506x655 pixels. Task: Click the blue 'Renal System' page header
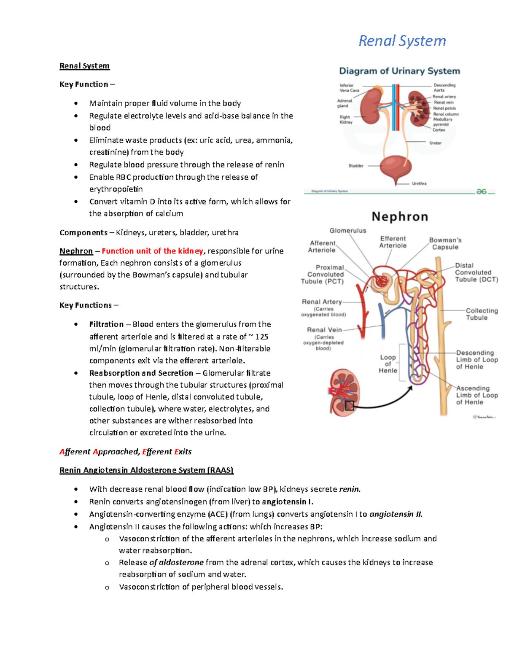[x=402, y=41]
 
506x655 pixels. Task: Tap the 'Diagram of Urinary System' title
[x=399, y=71]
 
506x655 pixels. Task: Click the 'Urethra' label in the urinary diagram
[x=419, y=183]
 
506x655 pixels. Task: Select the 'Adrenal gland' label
[x=345, y=103]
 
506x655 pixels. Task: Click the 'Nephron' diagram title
[x=400, y=217]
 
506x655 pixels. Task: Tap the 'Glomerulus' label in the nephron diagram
[x=348, y=231]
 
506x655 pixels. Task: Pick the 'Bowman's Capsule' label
[x=445, y=243]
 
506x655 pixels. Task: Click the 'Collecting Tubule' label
[x=482, y=314]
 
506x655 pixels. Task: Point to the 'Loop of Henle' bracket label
[x=388, y=364]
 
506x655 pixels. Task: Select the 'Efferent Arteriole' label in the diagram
[x=393, y=242]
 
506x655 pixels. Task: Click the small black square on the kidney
[x=350, y=406]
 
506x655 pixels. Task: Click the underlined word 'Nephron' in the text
[x=76, y=251]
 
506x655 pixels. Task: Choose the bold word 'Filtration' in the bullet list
[x=106, y=324]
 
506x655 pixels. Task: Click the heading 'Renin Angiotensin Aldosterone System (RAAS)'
[x=146, y=470]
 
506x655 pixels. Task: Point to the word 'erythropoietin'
[x=116, y=189]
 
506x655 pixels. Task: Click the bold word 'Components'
[x=83, y=232]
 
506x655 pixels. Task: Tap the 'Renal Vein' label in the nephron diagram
[x=324, y=330]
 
